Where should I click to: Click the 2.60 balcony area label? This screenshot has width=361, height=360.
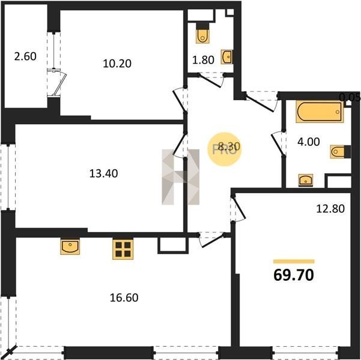click(25, 56)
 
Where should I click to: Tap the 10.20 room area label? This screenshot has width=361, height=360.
click(117, 64)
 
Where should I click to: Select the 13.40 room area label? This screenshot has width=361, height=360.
click(103, 173)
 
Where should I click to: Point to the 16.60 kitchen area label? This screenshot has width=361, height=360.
click(124, 298)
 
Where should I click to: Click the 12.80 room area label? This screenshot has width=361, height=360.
click(330, 209)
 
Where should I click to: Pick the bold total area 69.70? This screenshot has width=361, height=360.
click(294, 275)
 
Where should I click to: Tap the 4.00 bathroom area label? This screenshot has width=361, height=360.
click(309, 142)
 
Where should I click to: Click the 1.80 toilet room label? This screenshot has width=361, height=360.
click(203, 60)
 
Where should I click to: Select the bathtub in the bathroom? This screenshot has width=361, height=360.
click(320, 112)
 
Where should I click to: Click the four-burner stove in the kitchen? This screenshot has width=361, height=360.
click(123, 250)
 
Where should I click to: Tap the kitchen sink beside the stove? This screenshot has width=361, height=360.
click(70, 247)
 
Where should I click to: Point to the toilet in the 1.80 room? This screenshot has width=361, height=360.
click(202, 35)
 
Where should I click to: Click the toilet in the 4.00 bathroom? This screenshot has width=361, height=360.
click(339, 152)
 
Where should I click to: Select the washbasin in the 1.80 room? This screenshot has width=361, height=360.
click(227, 57)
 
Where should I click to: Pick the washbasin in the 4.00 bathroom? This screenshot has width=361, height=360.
click(306, 180)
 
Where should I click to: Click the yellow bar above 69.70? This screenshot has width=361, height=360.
click(294, 262)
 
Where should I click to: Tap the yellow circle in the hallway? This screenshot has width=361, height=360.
click(225, 149)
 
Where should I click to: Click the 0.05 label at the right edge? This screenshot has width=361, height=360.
click(350, 98)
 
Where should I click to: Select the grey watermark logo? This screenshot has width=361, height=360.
click(180, 177)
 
